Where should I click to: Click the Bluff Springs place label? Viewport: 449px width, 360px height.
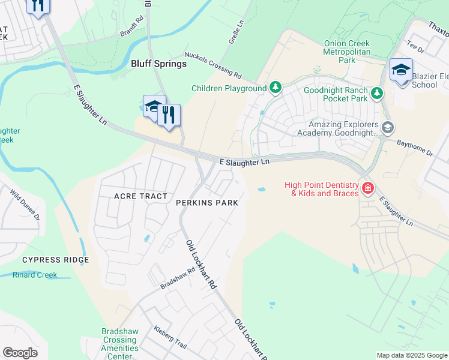click(158, 64)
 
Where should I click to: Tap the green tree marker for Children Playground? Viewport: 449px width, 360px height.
click(275, 88)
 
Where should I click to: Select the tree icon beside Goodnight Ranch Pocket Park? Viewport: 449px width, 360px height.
click(376, 93)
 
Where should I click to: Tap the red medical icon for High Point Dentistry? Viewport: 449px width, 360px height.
click(367, 189)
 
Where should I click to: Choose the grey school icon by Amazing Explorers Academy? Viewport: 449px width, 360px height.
click(388, 127)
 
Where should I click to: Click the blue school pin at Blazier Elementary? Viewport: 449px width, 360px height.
click(400, 70)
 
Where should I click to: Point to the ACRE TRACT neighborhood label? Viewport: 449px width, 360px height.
click(140, 197)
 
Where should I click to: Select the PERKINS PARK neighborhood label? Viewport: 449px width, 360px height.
click(207, 203)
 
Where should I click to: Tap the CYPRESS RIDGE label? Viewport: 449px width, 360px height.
click(55, 260)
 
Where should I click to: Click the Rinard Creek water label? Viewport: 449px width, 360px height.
click(35, 275)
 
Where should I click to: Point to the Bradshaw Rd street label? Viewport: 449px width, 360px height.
click(178, 279)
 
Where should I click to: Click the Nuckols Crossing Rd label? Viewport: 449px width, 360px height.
click(213, 65)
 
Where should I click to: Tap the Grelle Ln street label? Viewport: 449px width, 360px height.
click(236, 34)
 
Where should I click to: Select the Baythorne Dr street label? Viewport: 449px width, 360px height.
click(415, 148)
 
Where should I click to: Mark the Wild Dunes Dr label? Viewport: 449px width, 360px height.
click(25, 205)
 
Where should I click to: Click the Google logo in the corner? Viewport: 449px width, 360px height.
click(20, 353)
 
